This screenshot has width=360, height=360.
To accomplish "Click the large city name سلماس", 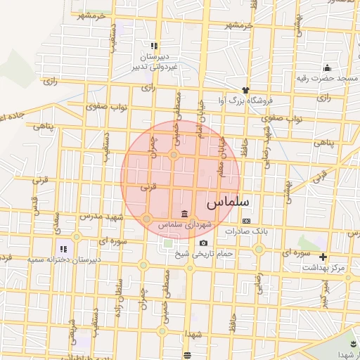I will (229, 202).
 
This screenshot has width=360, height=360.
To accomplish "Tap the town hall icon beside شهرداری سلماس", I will (184, 214).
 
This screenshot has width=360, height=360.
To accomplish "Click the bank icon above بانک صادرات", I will (245, 220).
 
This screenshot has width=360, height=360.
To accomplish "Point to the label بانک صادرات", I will (246, 231).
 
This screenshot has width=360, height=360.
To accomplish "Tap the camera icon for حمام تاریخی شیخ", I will (203, 243).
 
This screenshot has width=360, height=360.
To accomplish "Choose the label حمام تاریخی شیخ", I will (204, 253).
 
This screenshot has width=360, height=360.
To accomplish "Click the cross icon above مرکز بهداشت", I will (323, 257).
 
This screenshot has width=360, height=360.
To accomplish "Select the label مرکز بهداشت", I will (323, 268).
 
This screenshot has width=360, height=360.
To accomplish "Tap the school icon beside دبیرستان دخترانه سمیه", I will (63, 248).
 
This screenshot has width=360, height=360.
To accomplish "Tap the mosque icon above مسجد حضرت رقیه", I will (327, 67).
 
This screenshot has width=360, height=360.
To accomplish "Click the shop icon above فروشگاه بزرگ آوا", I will (245, 90).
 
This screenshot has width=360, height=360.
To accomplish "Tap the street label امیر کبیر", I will (324, 292).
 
